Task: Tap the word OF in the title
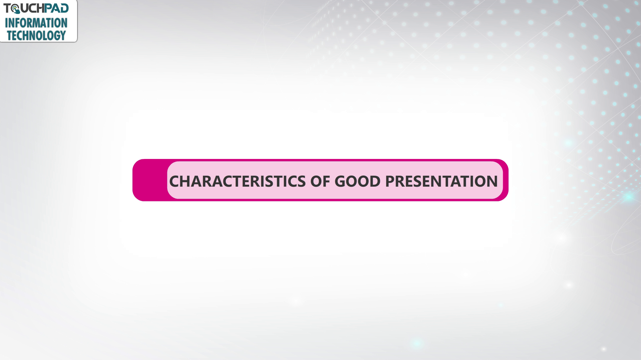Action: coord(320,181)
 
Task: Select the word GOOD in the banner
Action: coord(357,181)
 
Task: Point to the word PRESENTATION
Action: coord(441,181)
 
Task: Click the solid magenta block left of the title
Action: coord(150,180)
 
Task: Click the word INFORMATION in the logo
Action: coord(36,23)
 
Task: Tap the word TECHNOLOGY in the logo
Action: coord(36,35)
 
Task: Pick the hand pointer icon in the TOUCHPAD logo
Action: coord(16,9)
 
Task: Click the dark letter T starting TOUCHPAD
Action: coord(7,8)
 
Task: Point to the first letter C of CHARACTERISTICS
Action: coord(175,181)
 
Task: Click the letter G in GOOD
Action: coord(340,181)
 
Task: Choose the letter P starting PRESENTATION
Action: coord(390,181)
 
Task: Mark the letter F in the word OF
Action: coord(326,181)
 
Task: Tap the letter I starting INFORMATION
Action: coord(6,23)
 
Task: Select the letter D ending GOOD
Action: coord(375,181)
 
